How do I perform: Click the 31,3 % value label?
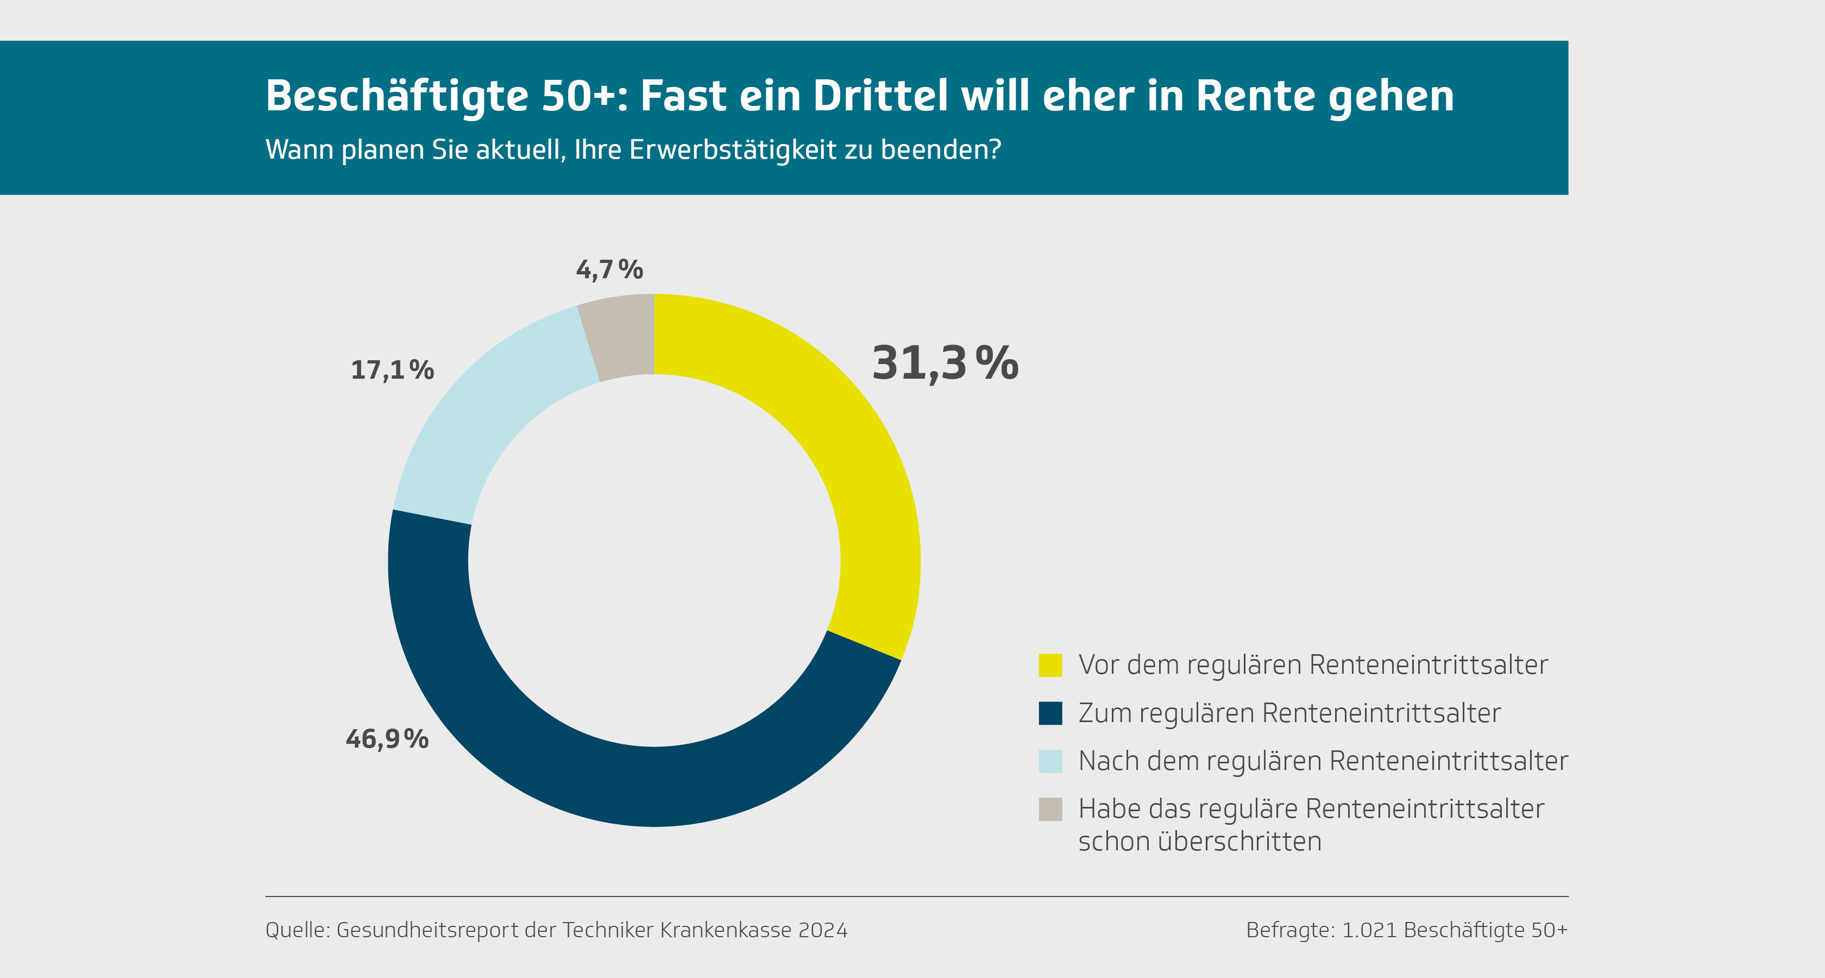click(x=945, y=363)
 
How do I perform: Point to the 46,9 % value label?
click(x=387, y=739)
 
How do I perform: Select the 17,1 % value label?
click(x=392, y=370)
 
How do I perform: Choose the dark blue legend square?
click(x=1050, y=713)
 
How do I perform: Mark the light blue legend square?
click(x=1050, y=761)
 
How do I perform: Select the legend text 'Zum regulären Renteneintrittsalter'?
click(x=1289, y=713)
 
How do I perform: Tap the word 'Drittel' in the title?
click(x=880, y=96)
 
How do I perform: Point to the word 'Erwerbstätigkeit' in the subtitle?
click(x=733, y=149)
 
